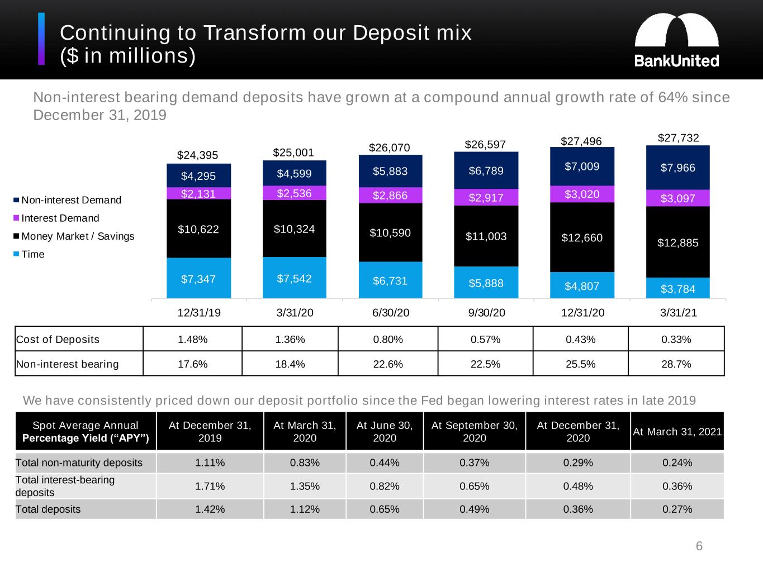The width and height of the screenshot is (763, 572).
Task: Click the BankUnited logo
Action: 676,40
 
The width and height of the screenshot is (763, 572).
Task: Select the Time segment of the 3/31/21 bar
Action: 677,288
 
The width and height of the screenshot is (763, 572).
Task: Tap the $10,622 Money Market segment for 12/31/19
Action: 198,228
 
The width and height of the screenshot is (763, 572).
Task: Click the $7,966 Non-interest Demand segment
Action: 677,168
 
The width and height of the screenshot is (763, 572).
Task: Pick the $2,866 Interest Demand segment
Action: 390,196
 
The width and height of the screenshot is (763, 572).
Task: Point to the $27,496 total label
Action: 581,141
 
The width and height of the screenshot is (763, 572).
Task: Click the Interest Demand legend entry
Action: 60,218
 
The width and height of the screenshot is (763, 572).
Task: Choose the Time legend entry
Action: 32,255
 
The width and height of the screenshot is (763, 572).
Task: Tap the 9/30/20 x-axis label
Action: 486,313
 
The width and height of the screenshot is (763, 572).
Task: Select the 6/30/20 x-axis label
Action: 391,313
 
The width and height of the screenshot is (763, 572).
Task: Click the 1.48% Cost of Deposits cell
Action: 192,340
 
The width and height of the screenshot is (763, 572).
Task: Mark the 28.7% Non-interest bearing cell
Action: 676,364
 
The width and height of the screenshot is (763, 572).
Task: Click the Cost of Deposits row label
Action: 58,340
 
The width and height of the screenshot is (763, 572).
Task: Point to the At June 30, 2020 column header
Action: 385,431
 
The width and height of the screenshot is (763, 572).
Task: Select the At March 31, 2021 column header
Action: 677,431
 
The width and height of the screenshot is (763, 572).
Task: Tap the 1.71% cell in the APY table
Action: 210,486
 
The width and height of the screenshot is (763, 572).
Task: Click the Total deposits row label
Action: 48,509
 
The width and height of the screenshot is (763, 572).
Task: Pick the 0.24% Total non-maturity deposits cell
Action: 677,463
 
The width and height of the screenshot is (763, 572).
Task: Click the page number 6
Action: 699,546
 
